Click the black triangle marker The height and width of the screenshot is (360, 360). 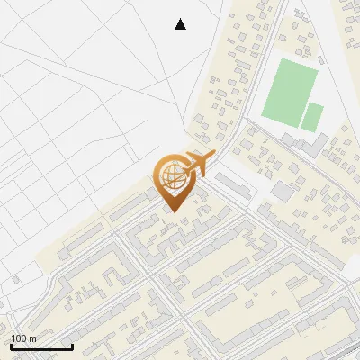click(x=181, y=24)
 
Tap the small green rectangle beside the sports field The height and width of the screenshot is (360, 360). click(x=312, y=117)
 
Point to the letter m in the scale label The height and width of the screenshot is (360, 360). click(x=33, y=338)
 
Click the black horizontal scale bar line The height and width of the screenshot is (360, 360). click(x=41, y=346)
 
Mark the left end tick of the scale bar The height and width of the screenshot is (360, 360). click(x=11, y=345)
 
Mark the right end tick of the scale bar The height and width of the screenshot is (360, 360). click(x=72, y=345)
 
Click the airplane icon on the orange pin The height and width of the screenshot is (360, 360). click(x=194, y=165)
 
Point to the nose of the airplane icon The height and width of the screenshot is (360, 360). click(x=212, y=156)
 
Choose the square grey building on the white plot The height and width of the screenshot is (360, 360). click(x=283, y=191)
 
